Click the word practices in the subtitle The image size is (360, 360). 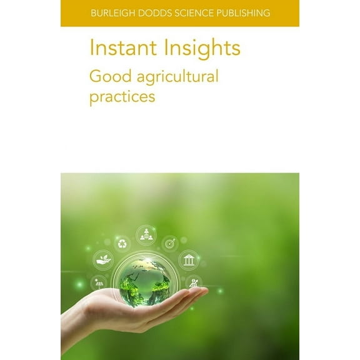(x=122, y=97)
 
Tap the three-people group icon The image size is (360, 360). (x=146, y=234)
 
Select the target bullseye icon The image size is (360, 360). (x=169, y=242)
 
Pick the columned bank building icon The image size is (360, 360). (x=188, y=259)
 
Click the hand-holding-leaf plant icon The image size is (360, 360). (x=104, y=259)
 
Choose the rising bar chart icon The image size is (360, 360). (x=194, y=282)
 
